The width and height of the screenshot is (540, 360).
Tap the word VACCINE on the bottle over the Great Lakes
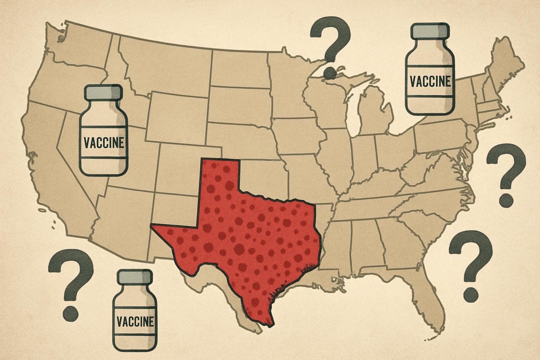point(430,82)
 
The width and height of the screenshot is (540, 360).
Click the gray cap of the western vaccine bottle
point(103,93)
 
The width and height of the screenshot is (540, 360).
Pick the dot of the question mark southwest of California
point(70,312)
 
